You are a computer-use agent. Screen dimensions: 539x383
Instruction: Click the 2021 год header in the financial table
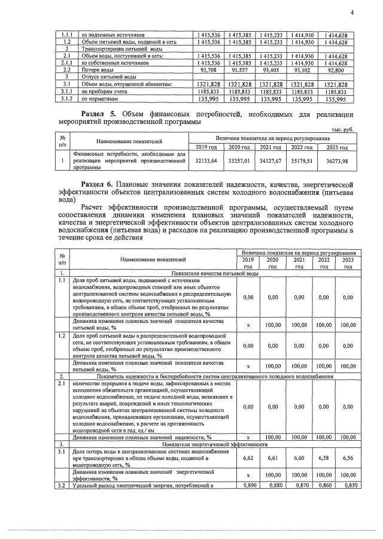point(270,147)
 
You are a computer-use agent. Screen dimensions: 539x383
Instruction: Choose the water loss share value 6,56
point(345,458)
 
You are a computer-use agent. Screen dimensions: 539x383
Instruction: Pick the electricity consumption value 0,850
point(345,485)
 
